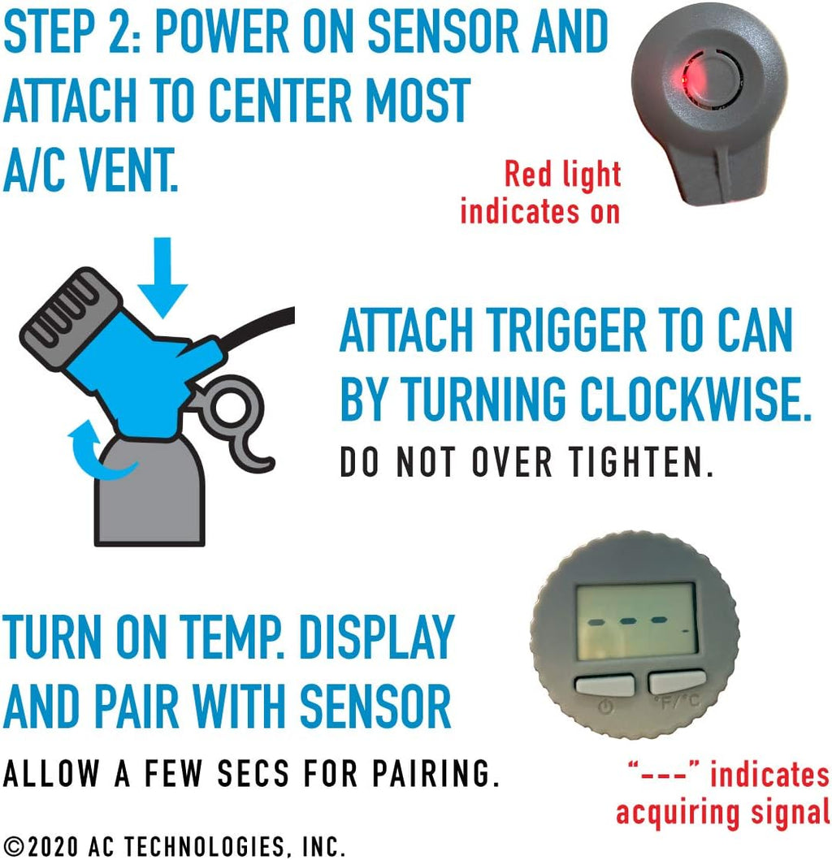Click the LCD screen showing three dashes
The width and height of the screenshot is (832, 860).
coord(636,619)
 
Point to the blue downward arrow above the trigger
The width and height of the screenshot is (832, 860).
coord(162,277)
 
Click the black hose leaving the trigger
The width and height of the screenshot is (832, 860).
coord(257,326)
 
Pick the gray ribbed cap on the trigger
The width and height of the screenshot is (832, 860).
coord(68,313)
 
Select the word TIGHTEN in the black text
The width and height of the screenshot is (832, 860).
coord(640,462)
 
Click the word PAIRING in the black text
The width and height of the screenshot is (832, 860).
coord(435,773)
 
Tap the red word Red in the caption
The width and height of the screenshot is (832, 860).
coord(527,174)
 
